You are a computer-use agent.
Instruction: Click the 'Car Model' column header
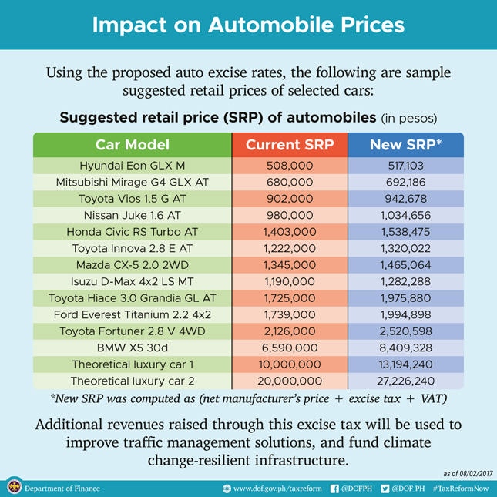coord(133,145)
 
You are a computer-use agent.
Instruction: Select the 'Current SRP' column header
coord(290,145)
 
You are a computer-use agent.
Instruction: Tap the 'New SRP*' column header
coord(405,145)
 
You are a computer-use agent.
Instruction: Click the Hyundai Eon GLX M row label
coord(133,166)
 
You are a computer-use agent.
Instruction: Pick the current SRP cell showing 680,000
coord(290,183)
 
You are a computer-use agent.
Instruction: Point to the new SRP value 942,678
coord(405,199)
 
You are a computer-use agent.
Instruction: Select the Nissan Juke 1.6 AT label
coord(133,215)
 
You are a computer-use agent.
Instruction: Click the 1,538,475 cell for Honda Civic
coord(405,232)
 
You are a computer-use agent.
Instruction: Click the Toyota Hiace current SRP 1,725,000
coord(290,298)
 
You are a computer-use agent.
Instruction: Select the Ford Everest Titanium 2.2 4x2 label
coord(133,314)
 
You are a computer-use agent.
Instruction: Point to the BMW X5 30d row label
coord(133,348)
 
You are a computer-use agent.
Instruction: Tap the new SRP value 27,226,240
coord(405,381)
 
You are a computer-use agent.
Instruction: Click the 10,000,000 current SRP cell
coord(290,364)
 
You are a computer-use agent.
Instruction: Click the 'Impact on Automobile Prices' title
coord(248,25)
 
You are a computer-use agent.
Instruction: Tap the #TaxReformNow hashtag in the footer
coord(461,488)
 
